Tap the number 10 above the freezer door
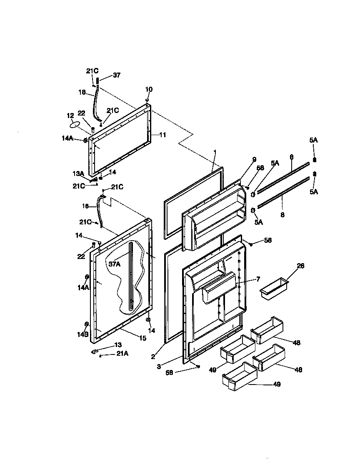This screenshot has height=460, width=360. point(149,89)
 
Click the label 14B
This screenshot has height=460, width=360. point(82,334)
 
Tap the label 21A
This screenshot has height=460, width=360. point(122,354)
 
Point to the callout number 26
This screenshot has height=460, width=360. point(300,266)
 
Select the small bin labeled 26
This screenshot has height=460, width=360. point(274,289)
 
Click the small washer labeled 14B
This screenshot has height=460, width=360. point(87,324)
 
